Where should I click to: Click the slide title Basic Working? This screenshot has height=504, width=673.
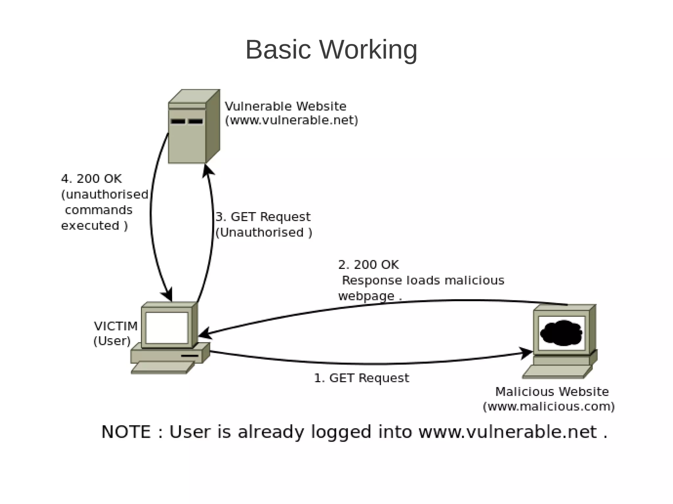pos(331,50)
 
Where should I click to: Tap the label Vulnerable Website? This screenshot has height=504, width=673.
pos(285,106)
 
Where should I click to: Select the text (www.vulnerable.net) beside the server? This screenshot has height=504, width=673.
pos(291,121)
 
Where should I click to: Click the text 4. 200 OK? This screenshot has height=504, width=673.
pos(91,179)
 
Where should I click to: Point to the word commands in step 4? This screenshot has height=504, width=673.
pos(99,210)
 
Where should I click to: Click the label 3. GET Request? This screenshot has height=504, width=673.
pos(263,217)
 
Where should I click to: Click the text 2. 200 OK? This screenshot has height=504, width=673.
pos(368,265)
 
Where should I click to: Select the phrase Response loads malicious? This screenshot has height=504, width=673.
pos(423,280)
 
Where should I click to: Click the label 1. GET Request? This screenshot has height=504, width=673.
pos(361,378)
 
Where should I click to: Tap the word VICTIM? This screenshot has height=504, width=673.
pos(116,326)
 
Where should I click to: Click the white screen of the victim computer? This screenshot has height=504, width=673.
pos(167,327)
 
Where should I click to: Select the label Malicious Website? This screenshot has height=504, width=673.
pos(552,392)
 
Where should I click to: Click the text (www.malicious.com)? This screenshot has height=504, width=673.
pos(548,406)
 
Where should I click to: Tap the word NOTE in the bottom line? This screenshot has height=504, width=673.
pos(126,432)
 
